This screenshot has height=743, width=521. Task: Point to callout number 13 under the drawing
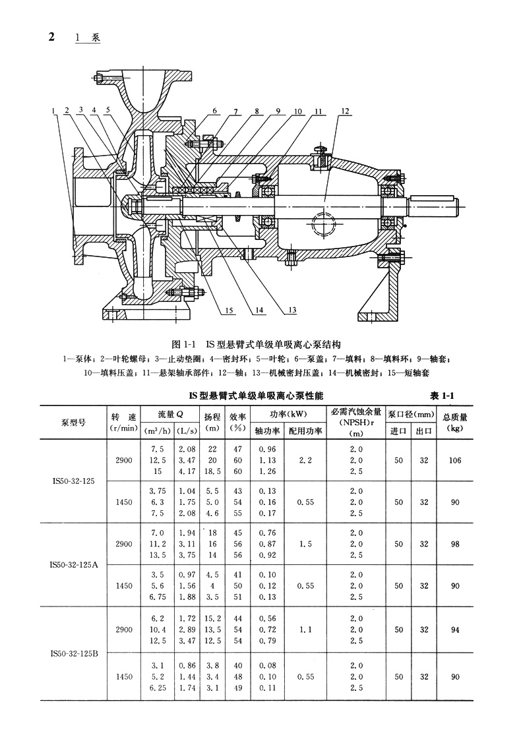292,310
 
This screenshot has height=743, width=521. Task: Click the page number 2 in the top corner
51,36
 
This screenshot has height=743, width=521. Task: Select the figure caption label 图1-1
181,343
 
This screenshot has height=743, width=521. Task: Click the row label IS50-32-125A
75,565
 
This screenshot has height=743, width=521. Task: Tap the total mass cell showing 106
455,460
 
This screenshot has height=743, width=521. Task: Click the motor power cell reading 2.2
305,460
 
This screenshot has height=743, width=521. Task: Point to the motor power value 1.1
305,630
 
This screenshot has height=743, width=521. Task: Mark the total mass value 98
455,545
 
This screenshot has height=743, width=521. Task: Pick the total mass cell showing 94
455,630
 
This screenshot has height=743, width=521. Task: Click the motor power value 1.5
305,545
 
